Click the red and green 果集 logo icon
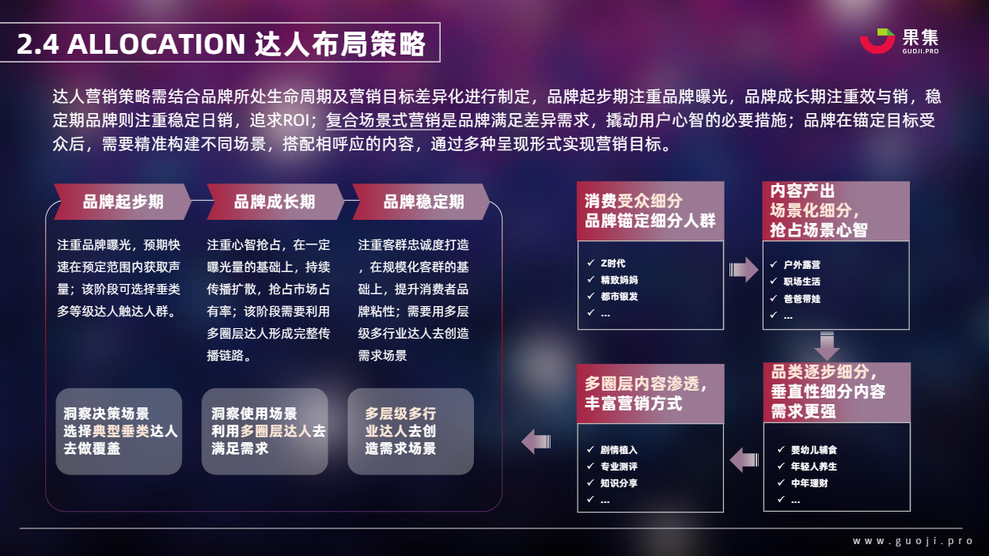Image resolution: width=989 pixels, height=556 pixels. [x=877, y=41]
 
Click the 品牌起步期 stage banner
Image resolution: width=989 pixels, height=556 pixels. [x=123, y=202]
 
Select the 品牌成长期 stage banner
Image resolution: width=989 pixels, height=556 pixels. [x=275, y=202]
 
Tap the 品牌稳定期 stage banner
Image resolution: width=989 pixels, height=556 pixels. [x=421, y=202]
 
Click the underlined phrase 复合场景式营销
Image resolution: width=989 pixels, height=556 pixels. [x=383, y=120]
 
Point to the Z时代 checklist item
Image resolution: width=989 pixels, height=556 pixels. [x=613, y=263]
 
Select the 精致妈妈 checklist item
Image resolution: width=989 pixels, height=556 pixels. [x=619, y=280]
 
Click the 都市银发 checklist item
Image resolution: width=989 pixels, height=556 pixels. [x=619, y=297]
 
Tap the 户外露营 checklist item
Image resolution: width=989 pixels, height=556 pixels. [x=801, y=265]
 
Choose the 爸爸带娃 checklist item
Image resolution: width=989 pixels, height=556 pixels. [x=801, y=299]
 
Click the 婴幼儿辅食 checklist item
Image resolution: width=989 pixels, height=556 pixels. [x=813, y=450]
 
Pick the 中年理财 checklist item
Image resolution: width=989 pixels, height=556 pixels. [x=809, y=483]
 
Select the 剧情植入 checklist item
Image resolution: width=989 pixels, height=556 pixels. [x=619, y=450]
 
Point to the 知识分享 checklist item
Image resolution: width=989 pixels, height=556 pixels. [x=619, y=483]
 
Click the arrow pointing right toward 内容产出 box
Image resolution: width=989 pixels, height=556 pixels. [x=744, y=269]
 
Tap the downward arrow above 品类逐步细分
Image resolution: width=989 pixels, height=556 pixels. [x=827, y=346]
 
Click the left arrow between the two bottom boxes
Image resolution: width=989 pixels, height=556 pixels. [x=745, y=460]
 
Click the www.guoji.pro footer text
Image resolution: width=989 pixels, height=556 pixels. [x=912, y=541]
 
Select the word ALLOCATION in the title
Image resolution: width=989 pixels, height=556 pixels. [x=156, y=44]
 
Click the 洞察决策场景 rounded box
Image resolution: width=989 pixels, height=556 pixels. [x=119, y=432]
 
